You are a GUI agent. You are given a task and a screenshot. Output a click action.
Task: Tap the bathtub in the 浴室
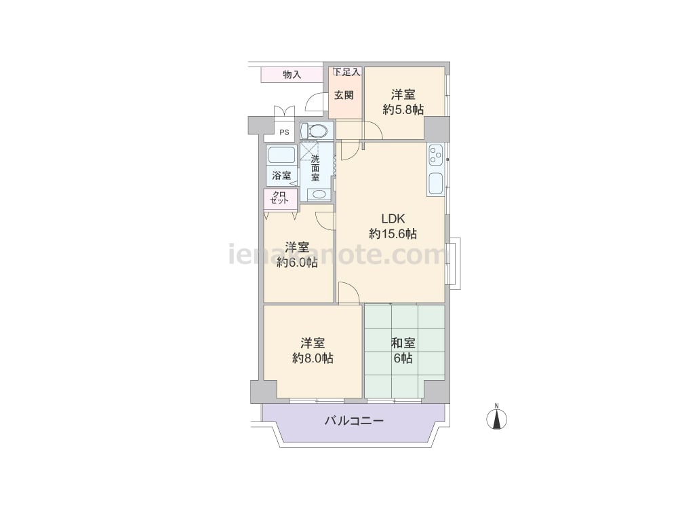click(281, 155)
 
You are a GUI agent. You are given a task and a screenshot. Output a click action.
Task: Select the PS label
click(284, 132)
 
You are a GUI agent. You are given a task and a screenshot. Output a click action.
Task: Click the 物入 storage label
click(292, 75)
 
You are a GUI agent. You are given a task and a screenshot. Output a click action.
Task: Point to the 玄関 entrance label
click(344, 95)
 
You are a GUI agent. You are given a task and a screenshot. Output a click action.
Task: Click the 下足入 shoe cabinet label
click(346, 73)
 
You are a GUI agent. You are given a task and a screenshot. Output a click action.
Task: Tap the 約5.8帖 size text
click(403, 109)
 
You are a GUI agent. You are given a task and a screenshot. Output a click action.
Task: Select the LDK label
click(393, 218)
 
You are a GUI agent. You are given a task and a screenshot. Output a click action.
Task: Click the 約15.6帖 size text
click(393, 233)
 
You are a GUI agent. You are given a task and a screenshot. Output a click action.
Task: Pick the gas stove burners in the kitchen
click(435, 155)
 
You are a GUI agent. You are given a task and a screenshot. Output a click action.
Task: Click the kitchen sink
click(435, 183)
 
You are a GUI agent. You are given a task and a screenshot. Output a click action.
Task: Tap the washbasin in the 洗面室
click(319, 194)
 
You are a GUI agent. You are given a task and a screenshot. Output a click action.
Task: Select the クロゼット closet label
click(279, 197)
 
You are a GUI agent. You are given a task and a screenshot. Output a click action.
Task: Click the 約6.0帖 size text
click(297, 262)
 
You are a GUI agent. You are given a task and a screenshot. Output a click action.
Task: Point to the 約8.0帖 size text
click(313, 358)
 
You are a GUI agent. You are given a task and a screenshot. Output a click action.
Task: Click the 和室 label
click(403, 343)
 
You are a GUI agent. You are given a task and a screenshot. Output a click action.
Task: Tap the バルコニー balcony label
click(354, 421)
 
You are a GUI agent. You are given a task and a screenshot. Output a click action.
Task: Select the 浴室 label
click(281, 176)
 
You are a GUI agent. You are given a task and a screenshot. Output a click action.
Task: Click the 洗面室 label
click(316, 168)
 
